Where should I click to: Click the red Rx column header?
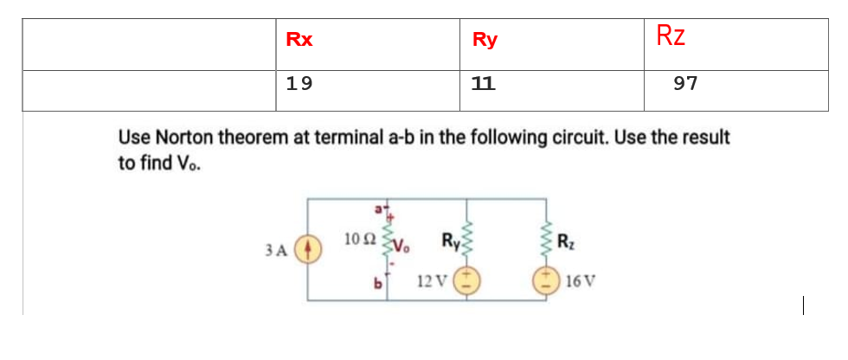pos(299,40)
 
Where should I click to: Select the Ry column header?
pos(485,40)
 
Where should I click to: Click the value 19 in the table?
pos(299,84)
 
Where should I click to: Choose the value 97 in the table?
pos(685,84)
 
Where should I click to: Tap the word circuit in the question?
pos(572,137)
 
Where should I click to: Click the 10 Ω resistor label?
pos(358,238)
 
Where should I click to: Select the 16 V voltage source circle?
pos(546,280)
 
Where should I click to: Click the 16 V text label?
pos(577,281)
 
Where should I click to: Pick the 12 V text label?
pos(431,281)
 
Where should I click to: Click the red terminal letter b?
pos(376,282)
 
